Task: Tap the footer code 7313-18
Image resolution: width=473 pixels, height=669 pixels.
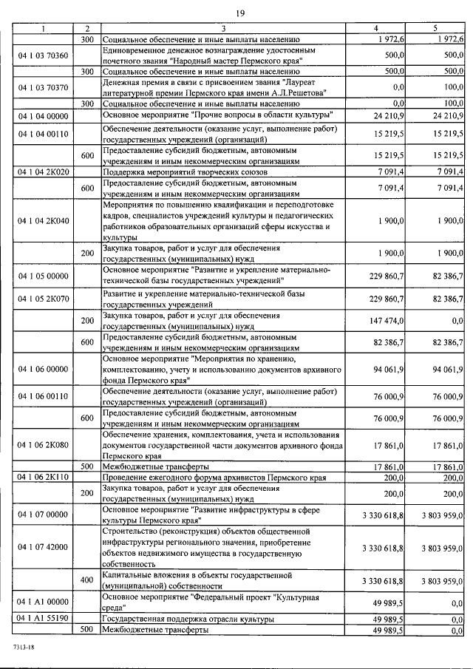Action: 23,646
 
